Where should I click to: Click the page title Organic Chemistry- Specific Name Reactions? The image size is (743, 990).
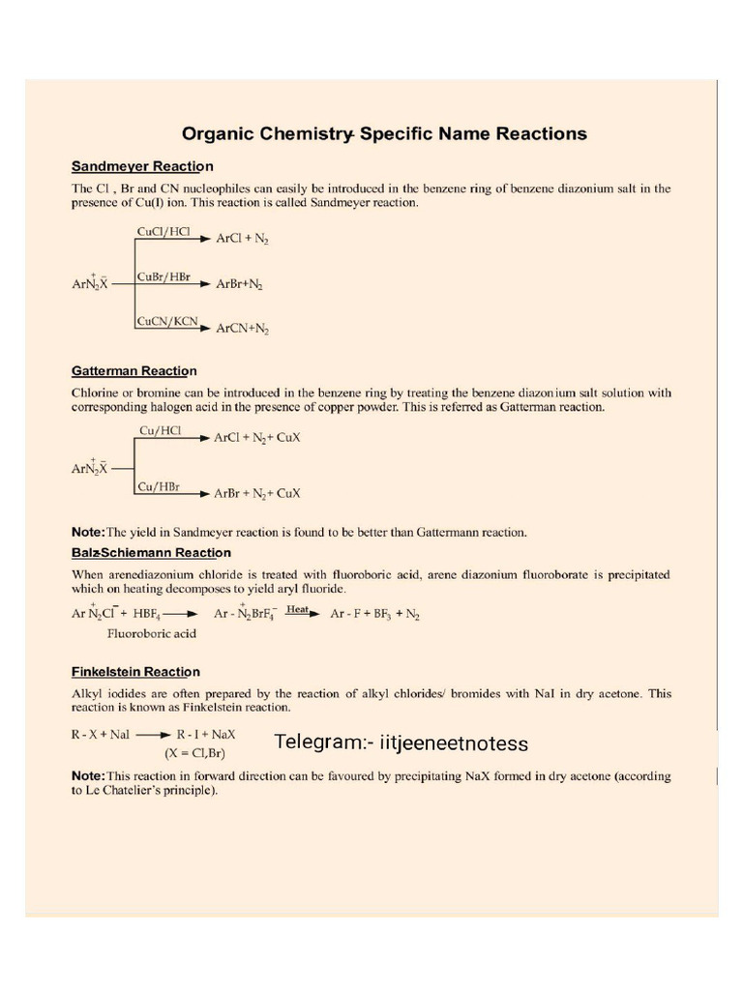coord(384,133)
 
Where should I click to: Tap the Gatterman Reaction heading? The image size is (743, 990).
coord(134,371)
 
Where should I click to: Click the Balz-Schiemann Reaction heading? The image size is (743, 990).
coord(151,553)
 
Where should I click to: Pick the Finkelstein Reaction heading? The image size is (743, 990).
coord(135,672)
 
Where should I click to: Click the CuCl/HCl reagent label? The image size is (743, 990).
coord(163,233)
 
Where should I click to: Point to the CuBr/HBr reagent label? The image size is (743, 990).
coord(164,277)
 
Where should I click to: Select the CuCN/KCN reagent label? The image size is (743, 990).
coord(166,321)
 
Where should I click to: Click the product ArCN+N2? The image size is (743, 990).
coord(242,329)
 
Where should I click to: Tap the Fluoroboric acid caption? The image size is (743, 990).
coord(152,634)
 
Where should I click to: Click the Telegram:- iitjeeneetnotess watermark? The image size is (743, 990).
coord(401,742)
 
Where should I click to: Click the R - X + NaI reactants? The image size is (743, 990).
coord(101,735)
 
